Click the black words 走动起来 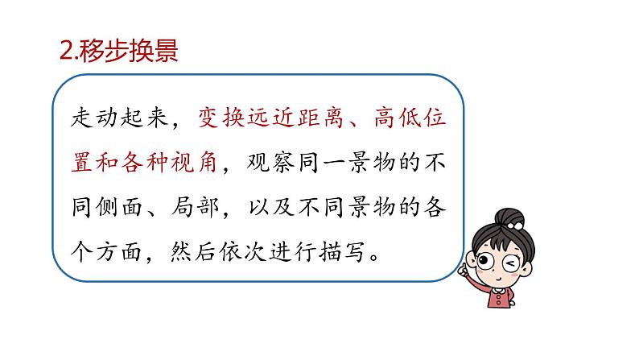click(x=119, y=119)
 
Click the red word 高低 click(x=394, y=119)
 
